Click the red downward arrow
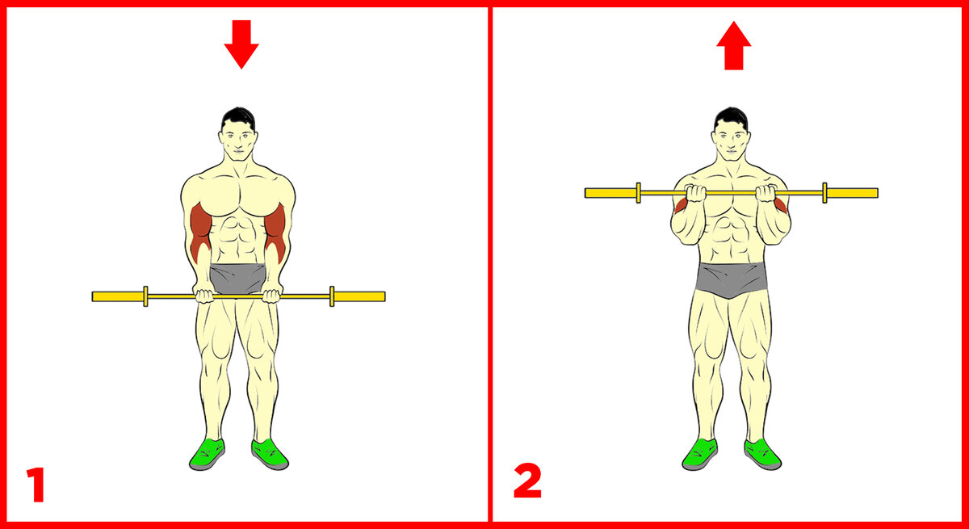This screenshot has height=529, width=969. (x=241, y=44)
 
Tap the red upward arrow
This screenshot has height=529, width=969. (x=734, y=45)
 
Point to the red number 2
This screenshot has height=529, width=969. (x=527, y=481)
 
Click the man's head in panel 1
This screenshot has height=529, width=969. (x=238, y=134)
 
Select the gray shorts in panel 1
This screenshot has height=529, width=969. (x=237, y=278)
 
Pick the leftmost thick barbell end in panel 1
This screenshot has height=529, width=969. (x=118, y=296)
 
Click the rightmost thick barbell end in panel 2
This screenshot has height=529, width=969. (x=852, y=193)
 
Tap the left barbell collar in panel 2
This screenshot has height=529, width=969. (x=639, y=193)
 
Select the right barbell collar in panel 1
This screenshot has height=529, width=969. (x=332, y=296)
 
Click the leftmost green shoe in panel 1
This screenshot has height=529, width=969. (x=208, y=454)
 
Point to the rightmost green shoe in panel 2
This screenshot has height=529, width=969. (x=762, y=454)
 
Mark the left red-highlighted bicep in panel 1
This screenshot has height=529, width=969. (x=200, y=233)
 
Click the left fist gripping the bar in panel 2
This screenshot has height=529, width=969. (x=695, y=193)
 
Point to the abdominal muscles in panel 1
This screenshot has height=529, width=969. (x=237, y=240)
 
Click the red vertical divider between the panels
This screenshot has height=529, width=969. (x=490, y=264)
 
